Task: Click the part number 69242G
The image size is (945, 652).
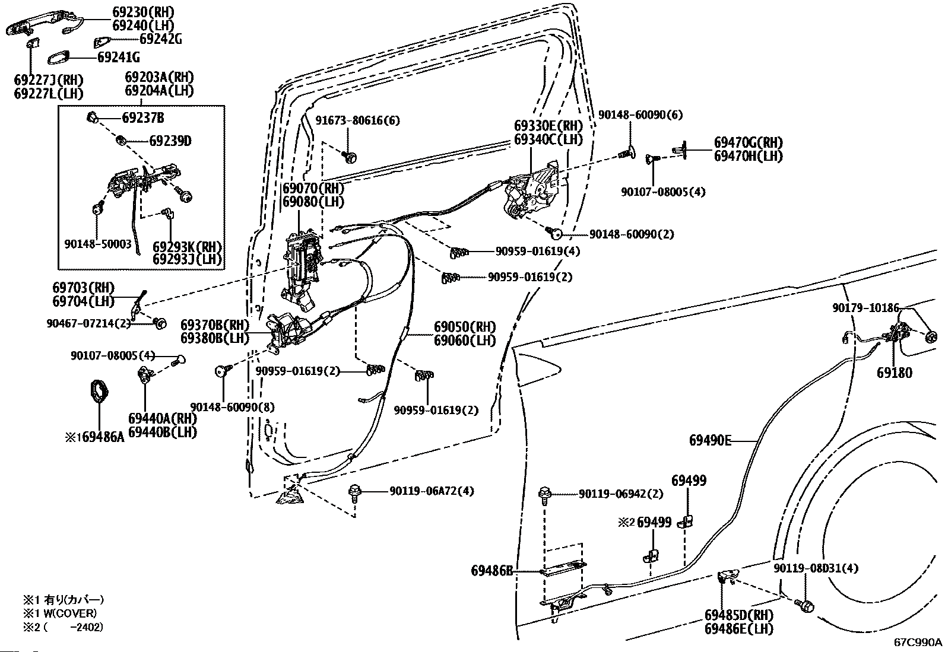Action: [x=161, y=39]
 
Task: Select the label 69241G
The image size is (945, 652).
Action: [x=119, y=58]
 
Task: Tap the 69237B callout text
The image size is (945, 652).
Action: [x=143, y=117]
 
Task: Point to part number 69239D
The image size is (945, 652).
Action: [x=170, y=141]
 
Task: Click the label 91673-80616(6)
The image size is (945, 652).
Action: [x=358, y=120]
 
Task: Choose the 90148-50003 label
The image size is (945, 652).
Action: [x=98, y=244]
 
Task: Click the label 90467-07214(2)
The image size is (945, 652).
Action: [x=88, y=323]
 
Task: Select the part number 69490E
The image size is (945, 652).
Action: [x=710, y=440]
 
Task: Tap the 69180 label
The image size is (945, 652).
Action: [x=895, y=373]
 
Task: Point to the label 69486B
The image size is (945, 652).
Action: [x=492, y=571]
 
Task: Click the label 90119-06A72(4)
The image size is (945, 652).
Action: [x=432, y=491]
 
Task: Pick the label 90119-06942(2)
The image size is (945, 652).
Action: [x=621, y=494]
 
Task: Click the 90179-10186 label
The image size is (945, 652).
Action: [x=866, y=308]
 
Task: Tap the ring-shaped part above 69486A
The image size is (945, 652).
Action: [x=99, y=391]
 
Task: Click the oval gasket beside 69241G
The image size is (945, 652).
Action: [x=58, y=58]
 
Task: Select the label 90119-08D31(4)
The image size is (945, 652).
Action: [x=816, y=568]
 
